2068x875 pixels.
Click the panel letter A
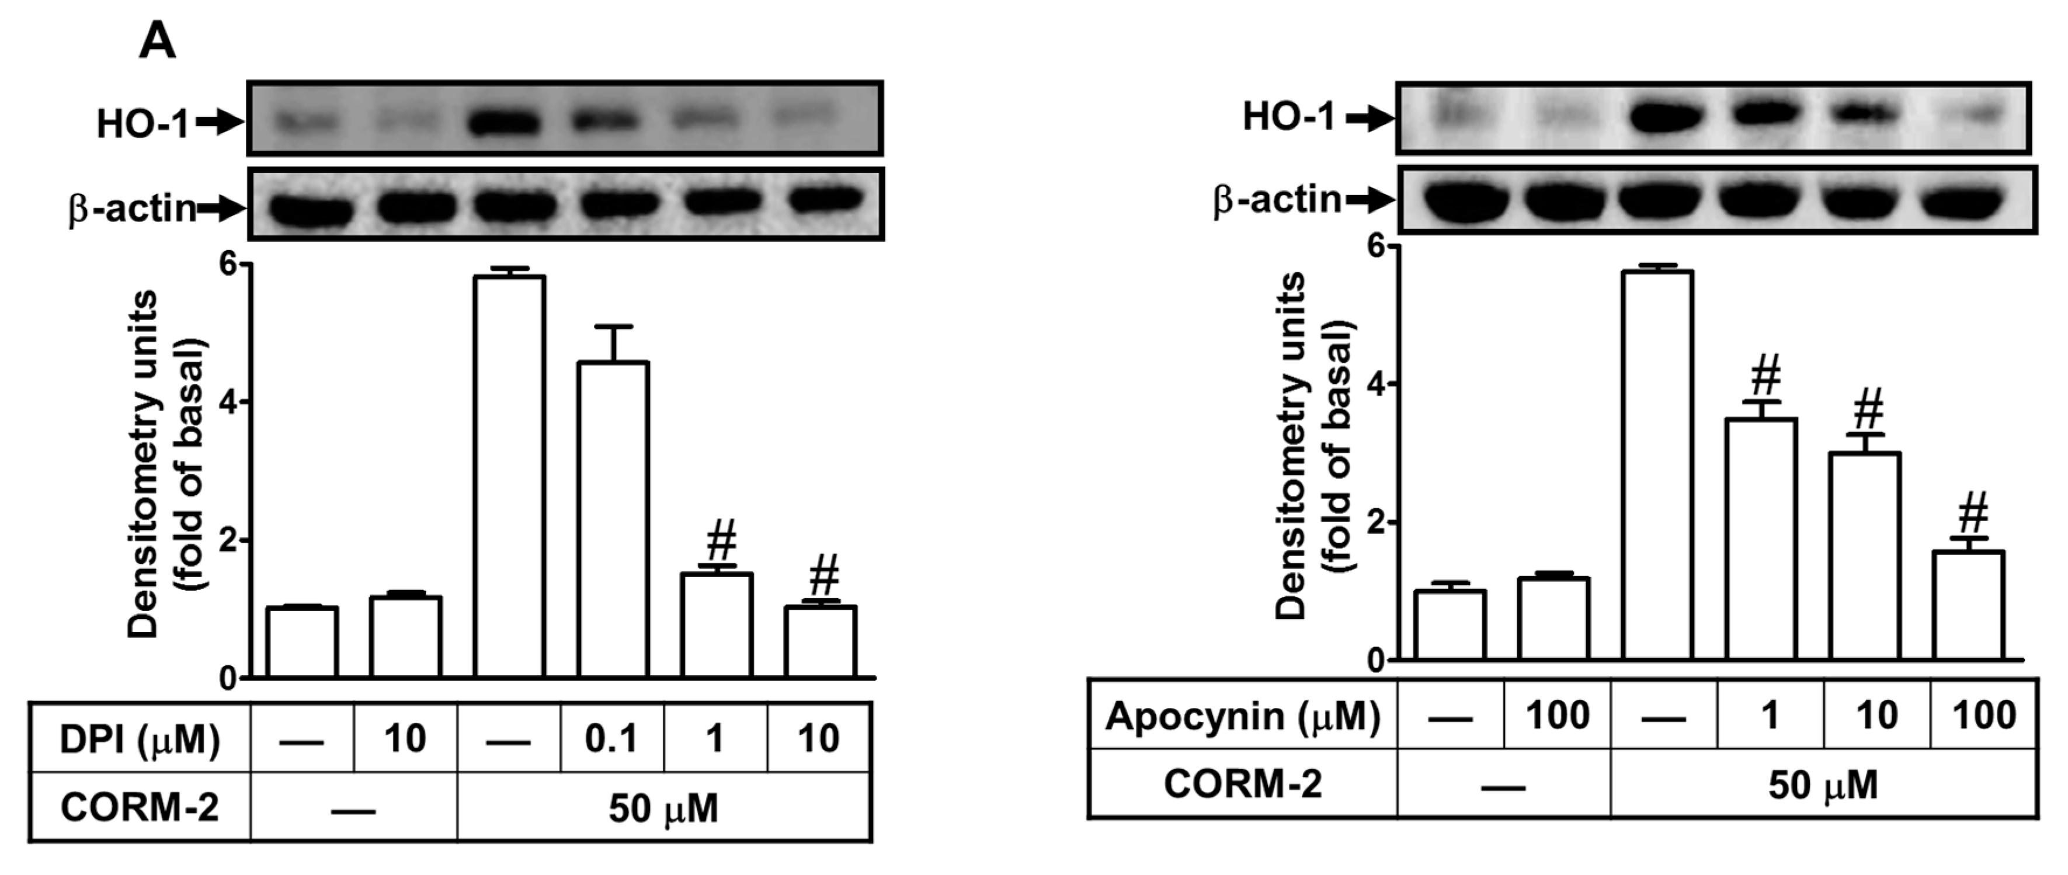(x=157, y=41)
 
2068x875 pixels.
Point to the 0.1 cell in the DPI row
(x=611, y=738)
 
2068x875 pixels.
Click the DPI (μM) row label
(x=140, y=738)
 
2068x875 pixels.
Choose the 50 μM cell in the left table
(x=663, y=808)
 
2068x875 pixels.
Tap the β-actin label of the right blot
(x=1277, y=199)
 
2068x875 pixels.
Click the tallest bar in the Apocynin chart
(x=1657, y=466)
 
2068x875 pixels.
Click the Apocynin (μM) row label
(x=1242, y=716)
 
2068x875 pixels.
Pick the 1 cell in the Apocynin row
(x=1770, y=716)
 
